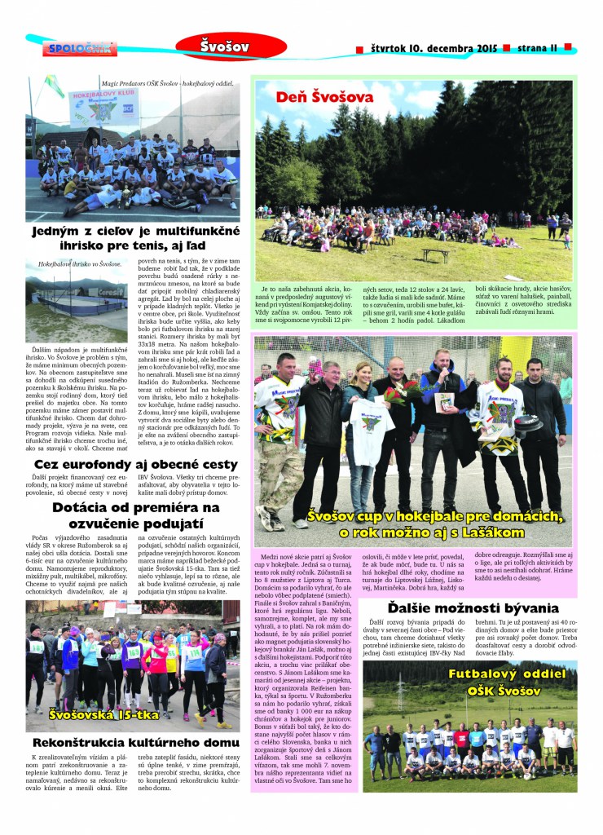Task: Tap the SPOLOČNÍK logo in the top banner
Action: (79, 49)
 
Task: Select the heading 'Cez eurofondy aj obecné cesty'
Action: (134, 464)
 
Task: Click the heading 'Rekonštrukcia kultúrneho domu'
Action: (135, 742)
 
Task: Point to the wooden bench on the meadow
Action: (435, 255)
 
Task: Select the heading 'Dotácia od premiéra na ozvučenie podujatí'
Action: (135, 514)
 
